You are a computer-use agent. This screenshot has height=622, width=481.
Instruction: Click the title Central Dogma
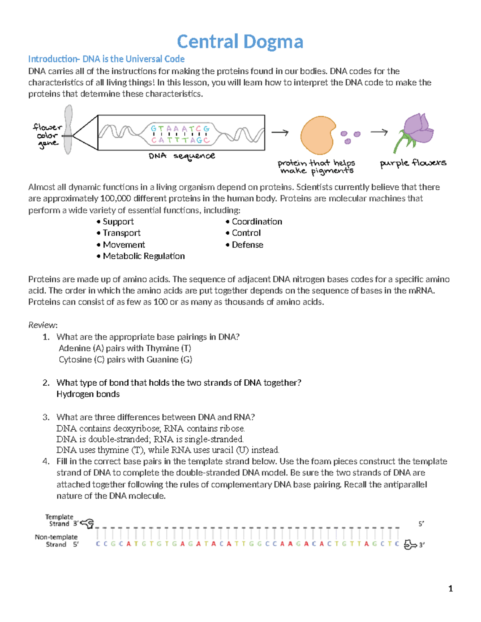click(240, 42)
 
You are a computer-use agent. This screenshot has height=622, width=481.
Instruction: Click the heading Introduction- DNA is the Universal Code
click(106, 59)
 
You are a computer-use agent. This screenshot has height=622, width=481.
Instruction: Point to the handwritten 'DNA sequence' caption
click(182, 156)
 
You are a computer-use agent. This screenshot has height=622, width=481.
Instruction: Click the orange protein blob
click(317, 135)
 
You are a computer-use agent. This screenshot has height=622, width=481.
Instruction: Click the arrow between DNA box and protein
click(280, 133)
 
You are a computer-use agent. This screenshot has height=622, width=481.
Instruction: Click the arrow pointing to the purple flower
click(379, 132)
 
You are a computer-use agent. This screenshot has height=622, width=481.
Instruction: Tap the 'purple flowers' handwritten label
click(413, 163)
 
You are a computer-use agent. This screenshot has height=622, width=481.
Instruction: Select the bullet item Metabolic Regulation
click(143, 256)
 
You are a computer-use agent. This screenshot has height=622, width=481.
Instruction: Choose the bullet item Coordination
click(257, 222)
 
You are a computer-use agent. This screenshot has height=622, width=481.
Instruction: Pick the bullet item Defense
click(247, 245)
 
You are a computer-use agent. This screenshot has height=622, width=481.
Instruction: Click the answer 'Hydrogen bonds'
click(88, 394)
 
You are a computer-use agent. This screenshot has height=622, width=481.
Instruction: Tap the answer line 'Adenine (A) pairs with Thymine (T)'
click(125, 348)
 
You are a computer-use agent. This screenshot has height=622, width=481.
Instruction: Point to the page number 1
click(451, 588)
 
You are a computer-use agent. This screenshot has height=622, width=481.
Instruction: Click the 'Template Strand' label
click(59, 520)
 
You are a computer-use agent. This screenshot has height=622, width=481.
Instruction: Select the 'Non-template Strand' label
click(56, 541)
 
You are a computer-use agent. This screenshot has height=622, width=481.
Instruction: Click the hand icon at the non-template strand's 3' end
click(410, 545)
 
